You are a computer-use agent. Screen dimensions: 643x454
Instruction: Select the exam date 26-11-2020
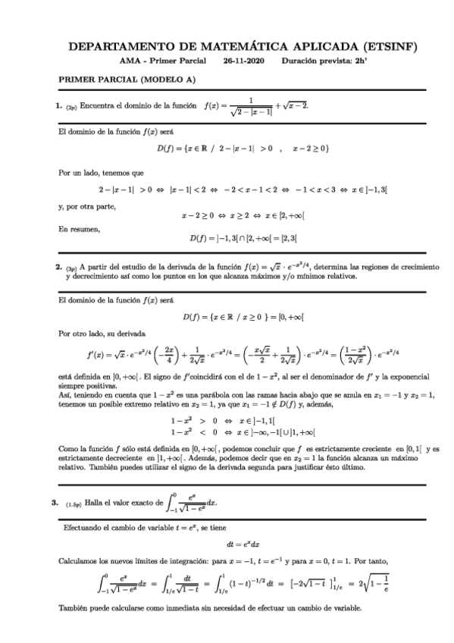tap(247, 61)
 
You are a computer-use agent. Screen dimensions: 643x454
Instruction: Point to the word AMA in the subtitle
tap(130, 61)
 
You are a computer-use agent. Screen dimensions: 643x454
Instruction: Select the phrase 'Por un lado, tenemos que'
tap(95, 173)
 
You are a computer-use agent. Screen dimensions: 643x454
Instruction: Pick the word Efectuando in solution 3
tap(83, 526)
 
